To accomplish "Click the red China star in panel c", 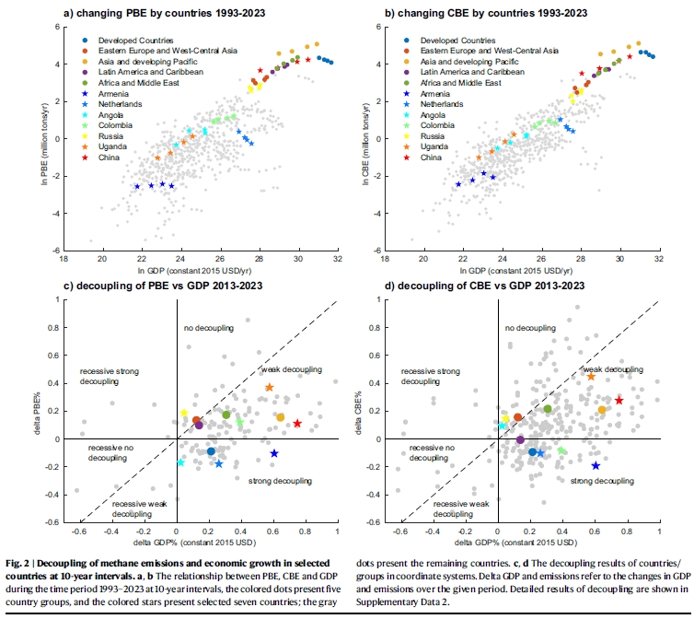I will click(x=297, y=424).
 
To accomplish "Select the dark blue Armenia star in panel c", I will click(x=273, y=453).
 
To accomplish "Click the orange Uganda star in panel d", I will click(x=591, y=377).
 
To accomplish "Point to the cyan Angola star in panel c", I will click(x=180, y=462).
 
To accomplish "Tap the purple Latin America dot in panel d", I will click(x=520, y=439).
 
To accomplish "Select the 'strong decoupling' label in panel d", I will click(x=601, y=481).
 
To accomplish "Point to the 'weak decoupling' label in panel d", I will click(x=612, y=369).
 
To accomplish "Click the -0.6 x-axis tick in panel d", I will click(x=399, y=531).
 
